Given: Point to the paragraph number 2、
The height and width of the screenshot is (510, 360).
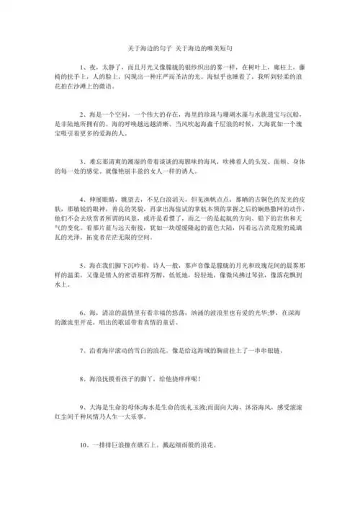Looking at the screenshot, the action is coord(84,114).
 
